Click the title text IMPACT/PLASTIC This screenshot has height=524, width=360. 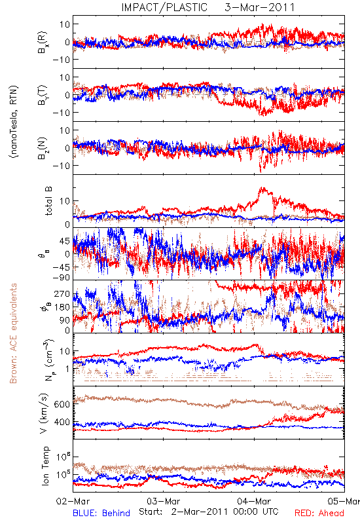[164, 7]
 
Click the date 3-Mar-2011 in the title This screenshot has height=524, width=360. [260, 7]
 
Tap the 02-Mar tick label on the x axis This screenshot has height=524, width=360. [73, 501]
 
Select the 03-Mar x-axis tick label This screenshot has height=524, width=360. [164, 501]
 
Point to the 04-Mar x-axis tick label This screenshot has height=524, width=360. [254, 501]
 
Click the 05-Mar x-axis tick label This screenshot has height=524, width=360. [344, 501]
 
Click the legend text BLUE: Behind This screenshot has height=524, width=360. [101, 513]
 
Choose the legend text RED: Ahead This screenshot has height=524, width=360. [319, 513]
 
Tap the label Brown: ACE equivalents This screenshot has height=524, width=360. [13, 333]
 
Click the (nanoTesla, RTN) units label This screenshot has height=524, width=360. [14, 122]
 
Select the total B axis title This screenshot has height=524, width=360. [48, 201]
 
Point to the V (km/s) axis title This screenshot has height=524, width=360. [44, 413]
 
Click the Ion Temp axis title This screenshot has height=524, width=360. [45, 466]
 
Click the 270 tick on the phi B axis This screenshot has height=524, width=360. [62, 293]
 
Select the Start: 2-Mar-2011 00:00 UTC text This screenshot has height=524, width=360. [209, 512]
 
